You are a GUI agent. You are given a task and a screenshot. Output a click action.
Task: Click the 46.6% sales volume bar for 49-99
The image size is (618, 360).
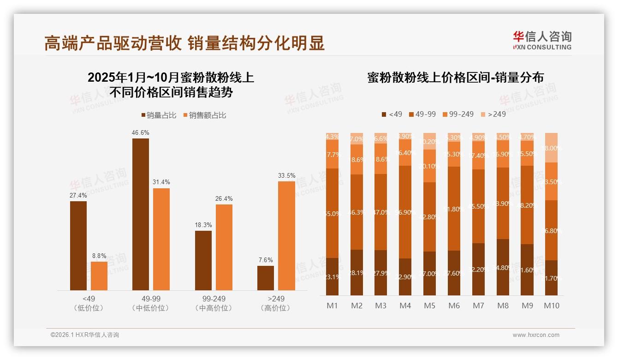141,214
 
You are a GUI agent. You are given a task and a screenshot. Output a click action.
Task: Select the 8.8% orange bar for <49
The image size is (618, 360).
99,276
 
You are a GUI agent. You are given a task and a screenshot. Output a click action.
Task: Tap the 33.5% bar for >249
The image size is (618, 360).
286,235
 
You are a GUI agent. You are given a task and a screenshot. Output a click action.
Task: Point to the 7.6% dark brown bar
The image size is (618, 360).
266,278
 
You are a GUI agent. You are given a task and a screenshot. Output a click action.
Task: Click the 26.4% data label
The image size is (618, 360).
224,198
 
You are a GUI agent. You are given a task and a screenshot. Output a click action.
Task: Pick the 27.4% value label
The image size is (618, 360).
78,195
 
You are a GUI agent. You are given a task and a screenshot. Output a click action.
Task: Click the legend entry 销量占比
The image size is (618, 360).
159,115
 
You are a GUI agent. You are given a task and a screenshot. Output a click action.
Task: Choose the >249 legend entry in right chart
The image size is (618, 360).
493,114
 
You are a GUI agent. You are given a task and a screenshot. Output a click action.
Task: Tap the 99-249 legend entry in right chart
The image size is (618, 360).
458,114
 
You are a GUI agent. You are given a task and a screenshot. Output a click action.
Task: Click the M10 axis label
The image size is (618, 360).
551,306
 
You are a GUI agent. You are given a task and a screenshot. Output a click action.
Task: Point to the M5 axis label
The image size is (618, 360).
429,306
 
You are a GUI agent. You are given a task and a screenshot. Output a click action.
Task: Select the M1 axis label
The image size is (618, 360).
332,306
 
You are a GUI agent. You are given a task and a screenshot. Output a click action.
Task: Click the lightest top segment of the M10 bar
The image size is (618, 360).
551,148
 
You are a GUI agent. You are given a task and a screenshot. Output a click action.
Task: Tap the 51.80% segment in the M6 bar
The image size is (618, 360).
454,209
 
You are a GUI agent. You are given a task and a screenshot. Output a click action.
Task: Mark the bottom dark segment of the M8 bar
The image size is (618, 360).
503,267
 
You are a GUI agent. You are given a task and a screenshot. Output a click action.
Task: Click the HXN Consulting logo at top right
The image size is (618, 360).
542,40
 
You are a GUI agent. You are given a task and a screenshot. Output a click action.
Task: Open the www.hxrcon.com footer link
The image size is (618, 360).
535,335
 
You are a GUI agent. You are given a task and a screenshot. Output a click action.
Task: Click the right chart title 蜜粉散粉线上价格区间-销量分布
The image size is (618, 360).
455,78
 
